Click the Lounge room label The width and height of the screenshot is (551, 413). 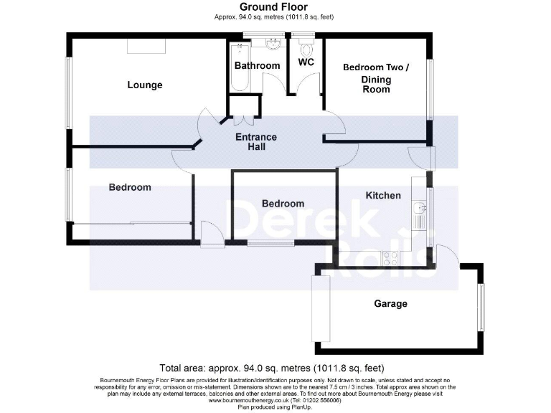coord(145,85)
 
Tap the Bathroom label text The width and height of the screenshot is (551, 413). coord(257,66)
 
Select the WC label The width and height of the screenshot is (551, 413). coord(306,62)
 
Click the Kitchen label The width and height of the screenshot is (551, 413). coord(383,195)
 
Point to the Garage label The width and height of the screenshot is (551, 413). coord(390,303)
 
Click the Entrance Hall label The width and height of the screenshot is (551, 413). coord(256,142)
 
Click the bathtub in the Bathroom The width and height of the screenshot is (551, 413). coord(238,67)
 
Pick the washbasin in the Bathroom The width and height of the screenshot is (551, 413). coord(272,45)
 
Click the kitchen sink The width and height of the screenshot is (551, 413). coord(420,209)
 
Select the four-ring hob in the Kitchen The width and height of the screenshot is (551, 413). coord(392,256)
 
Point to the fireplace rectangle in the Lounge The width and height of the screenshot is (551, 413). coord(146,46)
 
